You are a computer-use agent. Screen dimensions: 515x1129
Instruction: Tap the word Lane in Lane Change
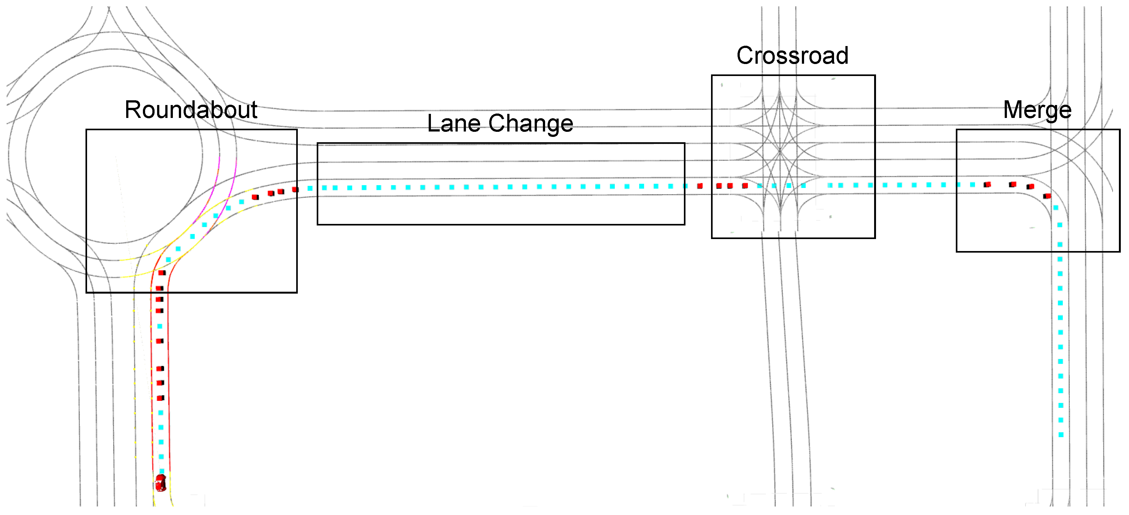tap(453, 123)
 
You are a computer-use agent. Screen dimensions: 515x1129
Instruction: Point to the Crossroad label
tap(792, 56)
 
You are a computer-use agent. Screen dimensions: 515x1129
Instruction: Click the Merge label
tap(1037, 110)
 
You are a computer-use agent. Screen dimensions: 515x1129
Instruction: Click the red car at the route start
tap(161, 483)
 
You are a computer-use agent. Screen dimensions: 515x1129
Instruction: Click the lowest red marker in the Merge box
tap(1047, 196)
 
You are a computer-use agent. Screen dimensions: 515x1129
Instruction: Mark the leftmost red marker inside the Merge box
tap(987, 184)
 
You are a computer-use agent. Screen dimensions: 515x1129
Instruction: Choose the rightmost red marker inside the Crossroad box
tap(745, 186)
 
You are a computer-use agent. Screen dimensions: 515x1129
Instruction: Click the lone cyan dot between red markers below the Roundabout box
tap(160, 326)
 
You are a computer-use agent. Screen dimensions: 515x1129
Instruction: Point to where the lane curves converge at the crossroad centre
tap(780, 151)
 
